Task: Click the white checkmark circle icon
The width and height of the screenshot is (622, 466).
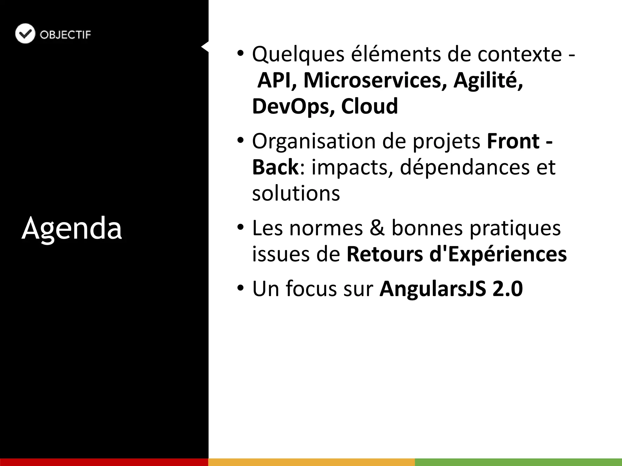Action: pos(25,34)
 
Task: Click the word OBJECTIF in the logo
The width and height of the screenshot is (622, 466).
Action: pos(65,35)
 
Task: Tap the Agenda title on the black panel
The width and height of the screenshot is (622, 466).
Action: pos(72,228)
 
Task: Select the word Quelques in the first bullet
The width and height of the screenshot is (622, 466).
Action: pos(298,55)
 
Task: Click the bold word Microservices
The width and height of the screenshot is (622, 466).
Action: pos(375,80)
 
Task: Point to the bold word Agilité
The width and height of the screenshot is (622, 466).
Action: pos(488,80)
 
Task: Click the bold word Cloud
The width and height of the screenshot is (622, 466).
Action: pos(369,106)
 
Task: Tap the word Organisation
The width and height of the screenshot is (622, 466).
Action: pos(314,142)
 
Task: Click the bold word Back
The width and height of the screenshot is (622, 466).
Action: pos(275,167)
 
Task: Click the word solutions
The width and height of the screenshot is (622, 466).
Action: pos(296,193)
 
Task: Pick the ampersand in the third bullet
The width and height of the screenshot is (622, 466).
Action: pos(377,228)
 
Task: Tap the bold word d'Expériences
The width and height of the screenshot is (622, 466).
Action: pos(498,254)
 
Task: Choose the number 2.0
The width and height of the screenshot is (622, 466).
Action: pos(508,289)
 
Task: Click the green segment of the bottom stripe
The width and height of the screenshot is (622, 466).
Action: pos(518,462)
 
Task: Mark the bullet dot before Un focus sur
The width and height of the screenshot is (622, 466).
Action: pos(241,288)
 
